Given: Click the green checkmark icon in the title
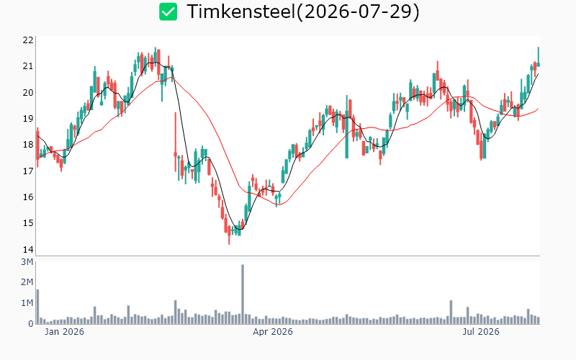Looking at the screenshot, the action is pyautogui.click(x=168, y=12).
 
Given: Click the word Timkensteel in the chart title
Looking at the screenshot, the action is pyautogui.click(x=241, y=12).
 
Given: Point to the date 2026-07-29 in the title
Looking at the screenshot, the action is pyautogui.click(x=358, y=12).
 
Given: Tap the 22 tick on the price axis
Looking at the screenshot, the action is pyautogui.click(x=28, y=40).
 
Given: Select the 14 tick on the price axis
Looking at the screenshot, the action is pyautogui.click(x=28, y=249).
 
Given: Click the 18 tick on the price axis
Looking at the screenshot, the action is pyautogui.click(x=28, y=145).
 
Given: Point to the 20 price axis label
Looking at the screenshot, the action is pyautogui.click(x=28, y=93).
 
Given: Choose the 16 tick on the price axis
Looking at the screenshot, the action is pyautogui.click(x=28, y=197).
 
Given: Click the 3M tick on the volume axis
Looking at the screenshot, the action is pyautogui.click(x=27, y=262).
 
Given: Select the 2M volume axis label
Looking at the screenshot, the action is pyautogui.click(x=27, y=282).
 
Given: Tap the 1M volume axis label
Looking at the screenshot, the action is pyautogui.click(x=27, y=303).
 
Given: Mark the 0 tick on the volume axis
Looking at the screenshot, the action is pyautogui.click(x=31, y=323).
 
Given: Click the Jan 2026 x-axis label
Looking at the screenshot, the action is pyautogui.click(x=64, y=332).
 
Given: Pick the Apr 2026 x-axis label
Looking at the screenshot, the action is pyautogui.click(x=273, y=332).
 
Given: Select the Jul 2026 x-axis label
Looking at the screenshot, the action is pyautogui.click(x=481, y=332).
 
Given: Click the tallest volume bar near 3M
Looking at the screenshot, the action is pyautogui.click(x=243, y=294).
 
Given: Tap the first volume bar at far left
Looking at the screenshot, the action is pyautogui.click(x=37, y=307).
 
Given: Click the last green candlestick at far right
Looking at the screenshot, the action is pyautogui.click(x=539, y=57).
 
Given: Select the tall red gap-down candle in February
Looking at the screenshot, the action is pyautogui.click(x=176, y=141).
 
